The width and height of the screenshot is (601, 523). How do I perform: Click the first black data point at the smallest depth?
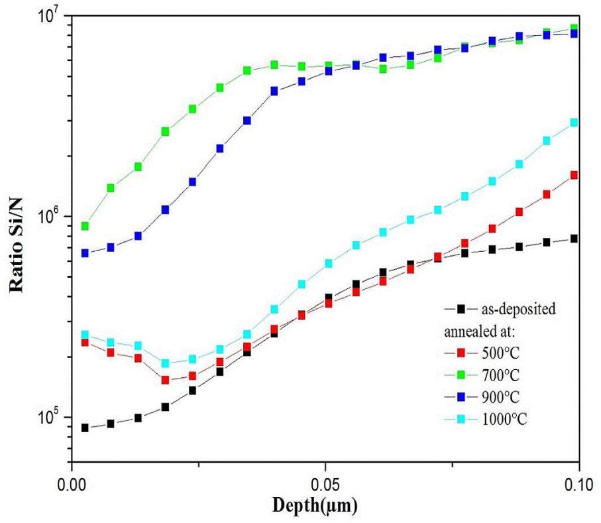point(85,428)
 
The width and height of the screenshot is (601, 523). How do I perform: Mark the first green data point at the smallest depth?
point(85,226)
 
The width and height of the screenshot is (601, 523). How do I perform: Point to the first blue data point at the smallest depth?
point(85,253)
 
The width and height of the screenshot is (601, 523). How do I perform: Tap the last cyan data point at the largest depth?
point(574,123)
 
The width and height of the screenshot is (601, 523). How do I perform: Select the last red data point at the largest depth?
point(574,175)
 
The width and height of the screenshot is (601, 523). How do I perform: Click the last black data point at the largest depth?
point(574,239)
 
